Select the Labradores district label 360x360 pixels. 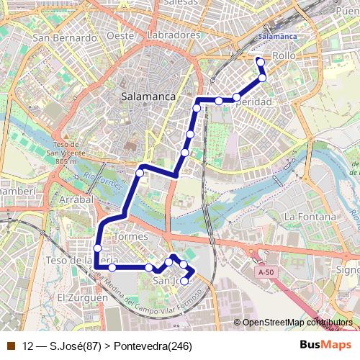(x=172, y=35)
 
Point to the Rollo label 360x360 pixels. (x=284, y=55)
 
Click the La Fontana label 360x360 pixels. (x=310, y=216)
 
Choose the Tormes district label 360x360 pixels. (x=130, y=237)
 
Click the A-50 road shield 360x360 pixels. (x=266, y=272)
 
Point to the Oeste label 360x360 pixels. (x=121, y=35)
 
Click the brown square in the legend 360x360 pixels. (x=10, y=346)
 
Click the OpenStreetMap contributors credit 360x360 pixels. (x=297, y=323)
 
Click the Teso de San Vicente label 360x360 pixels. (x=65, y=152)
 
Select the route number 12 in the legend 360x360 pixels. (x=28, y=346)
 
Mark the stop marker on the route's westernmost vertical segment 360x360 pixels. (x=97, y=248)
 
